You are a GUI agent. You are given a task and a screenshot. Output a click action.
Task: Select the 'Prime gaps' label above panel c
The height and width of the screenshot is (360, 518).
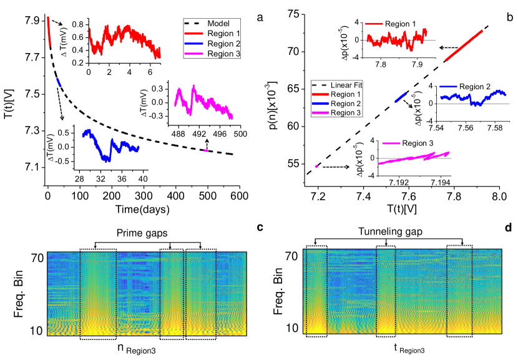(147, 235)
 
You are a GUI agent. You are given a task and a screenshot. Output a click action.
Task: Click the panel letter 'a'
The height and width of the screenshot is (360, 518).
(258, 17)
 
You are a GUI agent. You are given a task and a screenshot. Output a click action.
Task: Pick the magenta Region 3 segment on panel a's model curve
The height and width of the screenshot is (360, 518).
(205, 150)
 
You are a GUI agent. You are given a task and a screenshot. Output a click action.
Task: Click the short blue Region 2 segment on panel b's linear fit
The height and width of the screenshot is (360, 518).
(401, 95)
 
